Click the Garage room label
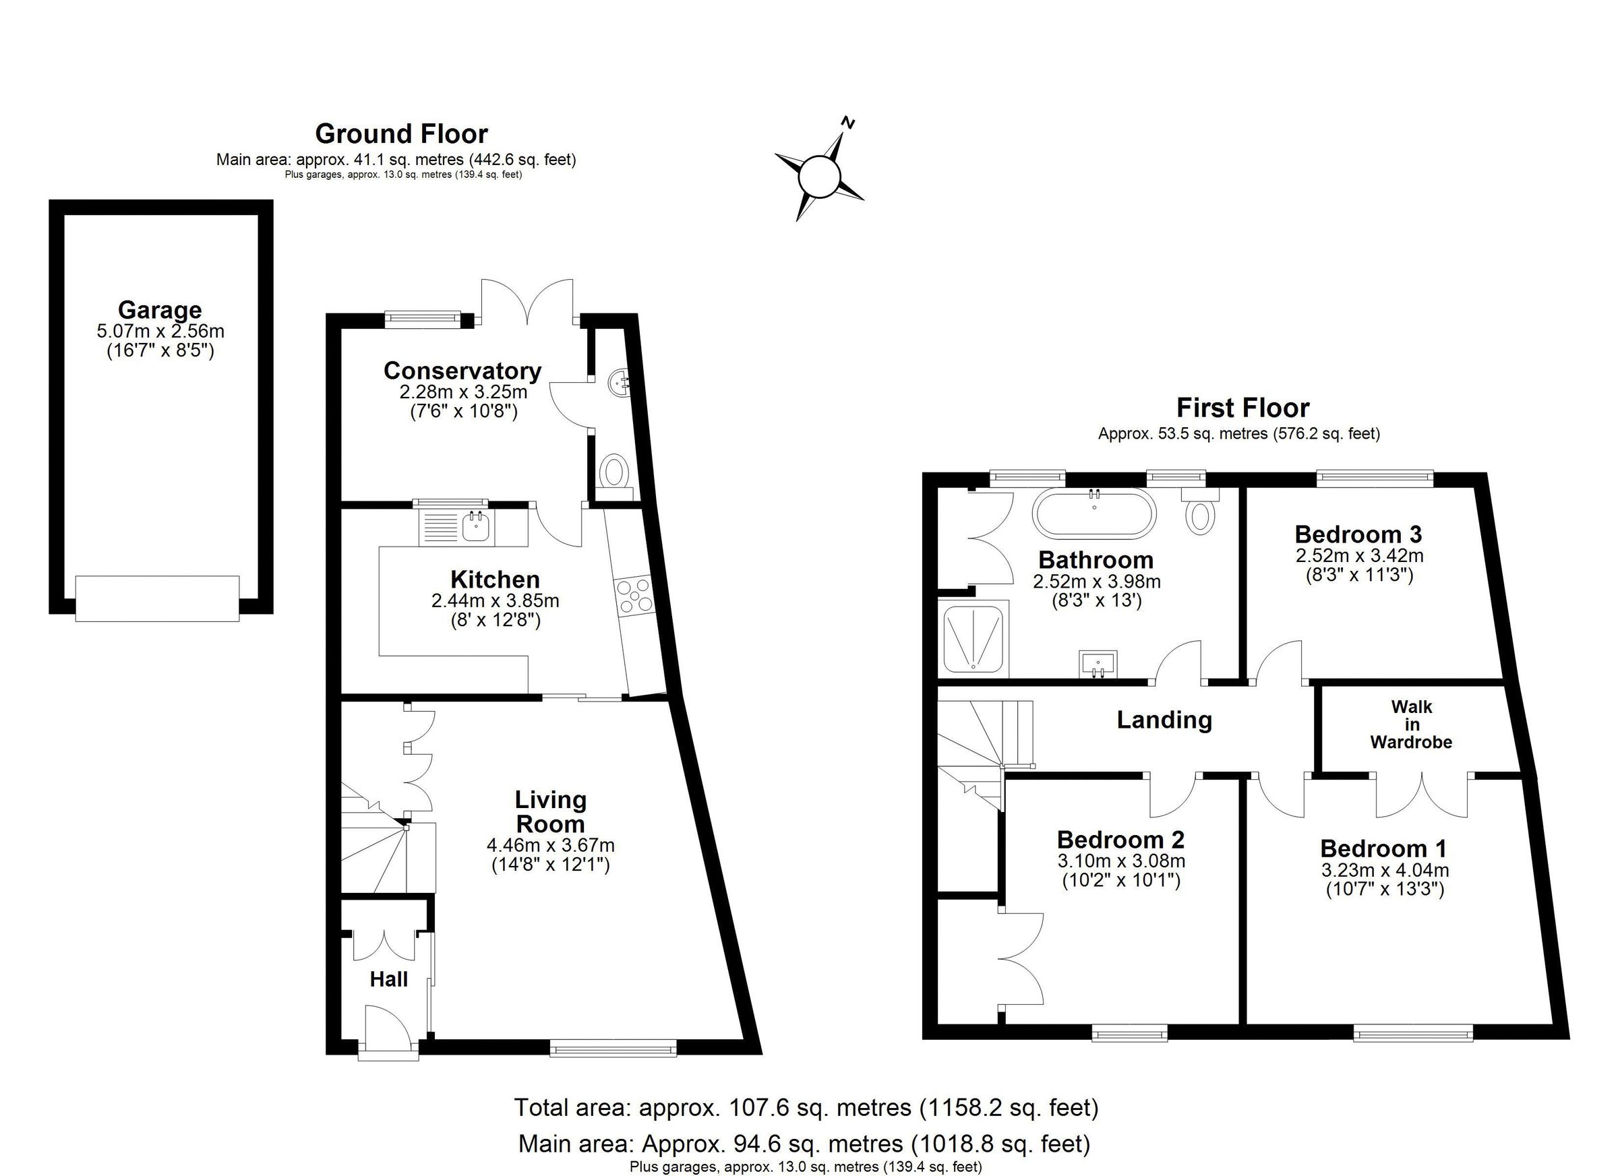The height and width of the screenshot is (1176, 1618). [x=160, y=310]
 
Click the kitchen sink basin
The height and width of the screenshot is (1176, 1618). [x=475, y=528]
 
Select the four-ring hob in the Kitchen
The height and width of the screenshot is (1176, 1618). [x=634, y=595]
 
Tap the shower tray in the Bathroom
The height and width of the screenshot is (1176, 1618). [x=973, y=638]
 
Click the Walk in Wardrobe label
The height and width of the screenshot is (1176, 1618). [x=1410, y=724]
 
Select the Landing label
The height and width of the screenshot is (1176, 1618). [x=1164, y=720]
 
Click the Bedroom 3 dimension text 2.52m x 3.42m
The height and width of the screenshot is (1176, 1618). [x=1359, y=555]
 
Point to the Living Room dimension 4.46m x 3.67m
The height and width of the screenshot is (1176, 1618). [x=550, y=846]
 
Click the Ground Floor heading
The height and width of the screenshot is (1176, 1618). [x=401, y=134]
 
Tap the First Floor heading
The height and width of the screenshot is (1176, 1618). [x=1242, y=408]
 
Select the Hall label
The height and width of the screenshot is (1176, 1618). [x=389, y=980]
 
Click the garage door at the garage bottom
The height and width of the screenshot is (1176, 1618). [x=157, y=598]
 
